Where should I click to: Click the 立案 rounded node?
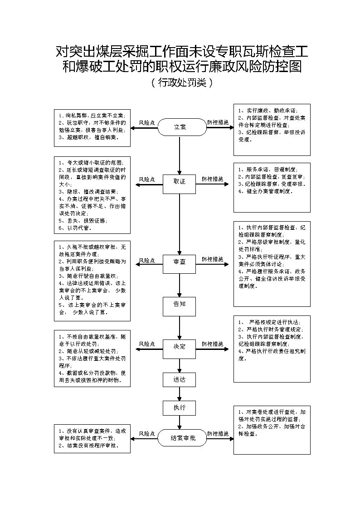180,127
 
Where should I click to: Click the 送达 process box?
180,380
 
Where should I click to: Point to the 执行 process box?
180,408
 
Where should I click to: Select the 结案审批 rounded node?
182,439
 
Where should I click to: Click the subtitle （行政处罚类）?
180,83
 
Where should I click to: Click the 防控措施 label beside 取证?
213,179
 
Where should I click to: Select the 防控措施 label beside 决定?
213,344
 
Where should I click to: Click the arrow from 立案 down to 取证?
180,154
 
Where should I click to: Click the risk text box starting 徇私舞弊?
92,127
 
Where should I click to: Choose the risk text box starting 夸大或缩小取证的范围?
92,195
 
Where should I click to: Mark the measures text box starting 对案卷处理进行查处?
272,430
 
